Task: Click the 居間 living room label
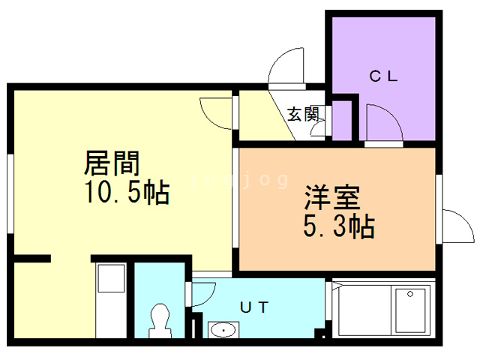click(112, 163)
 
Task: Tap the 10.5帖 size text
click(127, 192)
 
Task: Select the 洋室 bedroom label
click(332, 197)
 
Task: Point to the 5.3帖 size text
click(339, 226)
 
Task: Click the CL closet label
click(383, 76)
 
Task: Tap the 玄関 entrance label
click(303, 114)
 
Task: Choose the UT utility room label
click(254, 307)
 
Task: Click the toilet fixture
click(160, 321)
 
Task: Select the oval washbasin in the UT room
click(223, 330)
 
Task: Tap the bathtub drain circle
click(410, 294)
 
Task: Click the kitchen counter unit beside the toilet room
click(111, 301)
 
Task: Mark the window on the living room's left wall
click(10, 193)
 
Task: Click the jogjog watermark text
click(239, 180)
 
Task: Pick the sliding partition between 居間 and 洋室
click(235, 198)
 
